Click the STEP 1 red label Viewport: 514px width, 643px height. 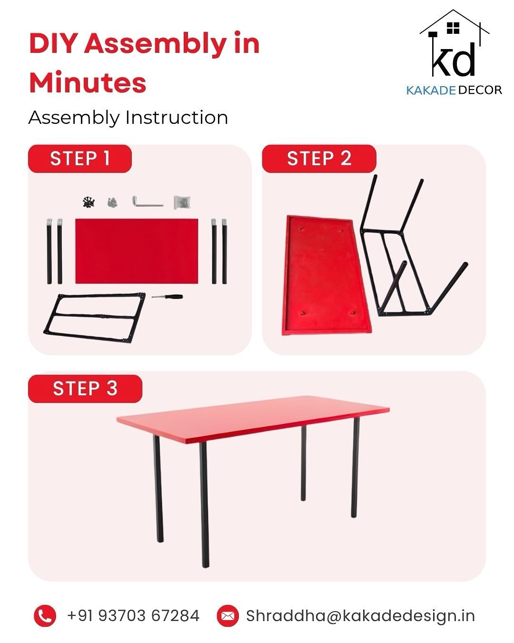(x=80, y=159)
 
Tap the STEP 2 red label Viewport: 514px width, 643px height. (x=319, y=159)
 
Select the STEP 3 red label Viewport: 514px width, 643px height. (x=85, y=389)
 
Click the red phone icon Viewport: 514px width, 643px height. (x=45, y=616)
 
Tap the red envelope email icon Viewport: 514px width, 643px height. (x=227, y=616)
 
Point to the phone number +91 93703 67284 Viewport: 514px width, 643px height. (x=133, y=616)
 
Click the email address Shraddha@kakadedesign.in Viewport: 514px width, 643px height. (x=360, y=616)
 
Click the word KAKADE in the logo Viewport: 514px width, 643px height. (x=431, y=90)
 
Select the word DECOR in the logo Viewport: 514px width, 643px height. (x=480, y=90)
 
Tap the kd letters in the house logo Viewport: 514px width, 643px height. (x=454, y=60)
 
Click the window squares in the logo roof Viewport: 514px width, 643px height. (x=453, y=29)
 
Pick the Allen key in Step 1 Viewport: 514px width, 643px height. (x=148, y=201)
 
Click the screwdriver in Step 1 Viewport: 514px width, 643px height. (x=167, y=296)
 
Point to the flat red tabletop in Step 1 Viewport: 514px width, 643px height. (x=137, y=251)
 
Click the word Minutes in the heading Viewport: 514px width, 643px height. (x=88, y=82)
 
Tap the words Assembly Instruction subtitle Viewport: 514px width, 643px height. (x=128, y=118)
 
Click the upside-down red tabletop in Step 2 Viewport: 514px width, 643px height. (x=327, y=275)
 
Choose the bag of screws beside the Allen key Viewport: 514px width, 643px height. (x=182, y=202)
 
